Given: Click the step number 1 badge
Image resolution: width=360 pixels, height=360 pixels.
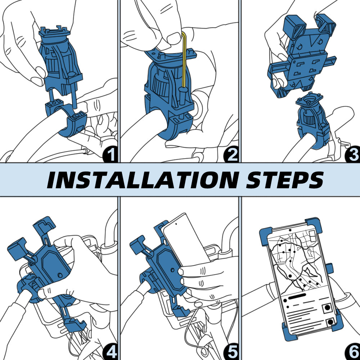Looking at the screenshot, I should pyautogui.click(x=110, y=154).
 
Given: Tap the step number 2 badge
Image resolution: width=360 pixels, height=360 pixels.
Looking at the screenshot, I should pyautogui.click(x=231, y=154).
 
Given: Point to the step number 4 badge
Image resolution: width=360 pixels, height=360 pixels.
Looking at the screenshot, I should pyautogui.click(x=110, y=351).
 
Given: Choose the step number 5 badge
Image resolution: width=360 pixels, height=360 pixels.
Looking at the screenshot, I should pyautogui.click(x=231, y=351).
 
